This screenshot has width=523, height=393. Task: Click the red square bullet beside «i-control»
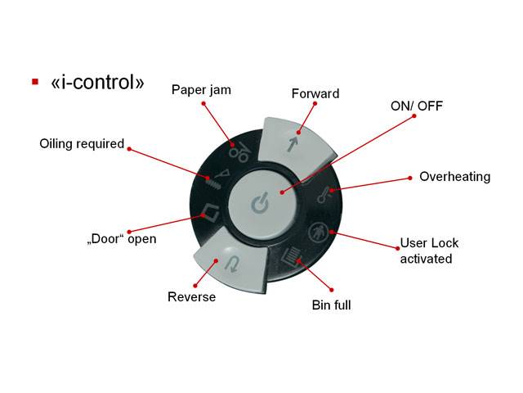coord(35,82)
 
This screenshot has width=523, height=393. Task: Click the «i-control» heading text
coord(97,82)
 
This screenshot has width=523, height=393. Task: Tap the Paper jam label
coord(201,90)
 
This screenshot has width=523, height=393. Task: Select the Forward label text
coord(315,93)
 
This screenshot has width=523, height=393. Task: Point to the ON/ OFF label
coord(417,106)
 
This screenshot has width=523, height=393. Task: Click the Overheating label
coord(454,177)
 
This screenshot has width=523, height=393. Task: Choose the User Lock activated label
coord(429,251)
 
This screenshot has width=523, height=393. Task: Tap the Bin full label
coord(331,305)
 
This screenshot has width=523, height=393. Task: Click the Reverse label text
coord(191,296)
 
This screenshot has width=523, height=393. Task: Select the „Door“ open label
coord(122,239)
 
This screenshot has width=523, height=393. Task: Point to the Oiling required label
coord(82,144)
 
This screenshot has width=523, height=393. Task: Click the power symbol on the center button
coord(259,203)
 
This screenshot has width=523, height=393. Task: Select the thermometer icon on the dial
coord(324,195)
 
